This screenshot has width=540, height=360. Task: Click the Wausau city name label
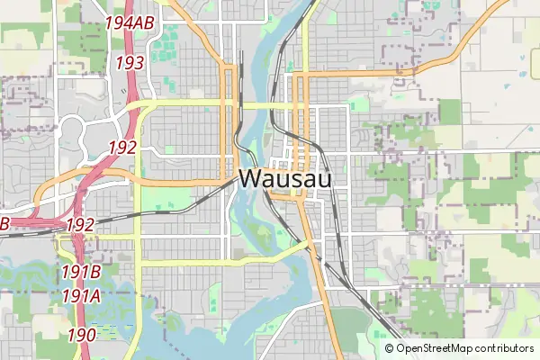[x=284, y=179]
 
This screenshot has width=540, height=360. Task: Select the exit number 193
[x=130, y=63]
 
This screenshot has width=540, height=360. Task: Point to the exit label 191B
[x=81, y=272]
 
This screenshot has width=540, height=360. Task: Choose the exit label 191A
[x=81, y=294]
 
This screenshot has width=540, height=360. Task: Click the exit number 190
[x=82, y=335]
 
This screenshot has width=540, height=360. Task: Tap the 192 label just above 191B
[x=80, y=224]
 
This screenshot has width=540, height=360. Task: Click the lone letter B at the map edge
[x=4, y=222]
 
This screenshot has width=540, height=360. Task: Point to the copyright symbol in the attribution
[x=390, y=348]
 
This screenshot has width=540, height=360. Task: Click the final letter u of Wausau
[x=323, y=179]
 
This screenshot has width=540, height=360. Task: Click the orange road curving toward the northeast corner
[x=477, y=36]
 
